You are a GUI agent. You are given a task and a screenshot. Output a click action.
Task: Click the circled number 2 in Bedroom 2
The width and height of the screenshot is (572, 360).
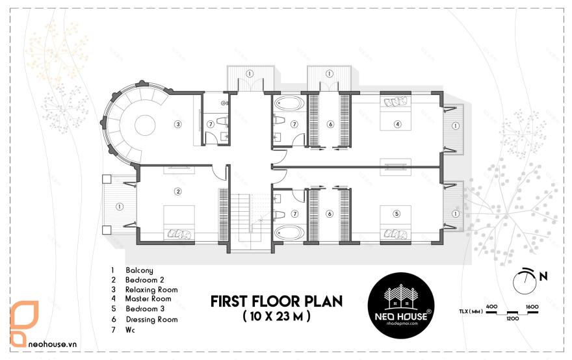[177, 191]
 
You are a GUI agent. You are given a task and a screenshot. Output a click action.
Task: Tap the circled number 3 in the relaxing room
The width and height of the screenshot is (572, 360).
[177, 123]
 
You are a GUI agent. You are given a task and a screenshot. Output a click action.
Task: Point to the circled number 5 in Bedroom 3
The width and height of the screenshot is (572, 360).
[396, 212]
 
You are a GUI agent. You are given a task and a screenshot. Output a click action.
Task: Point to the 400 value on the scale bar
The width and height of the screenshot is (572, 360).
[491, 305]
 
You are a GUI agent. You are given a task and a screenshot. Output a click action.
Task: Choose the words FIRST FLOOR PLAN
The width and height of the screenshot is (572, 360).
[276, 302]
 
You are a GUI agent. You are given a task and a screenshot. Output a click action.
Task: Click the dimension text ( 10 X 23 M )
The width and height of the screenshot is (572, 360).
[276, 316]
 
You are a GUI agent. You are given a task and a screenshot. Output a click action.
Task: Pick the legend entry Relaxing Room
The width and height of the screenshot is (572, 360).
[151, 290]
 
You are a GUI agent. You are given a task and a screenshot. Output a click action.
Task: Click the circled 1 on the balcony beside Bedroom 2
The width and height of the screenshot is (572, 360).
[118, 207]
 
